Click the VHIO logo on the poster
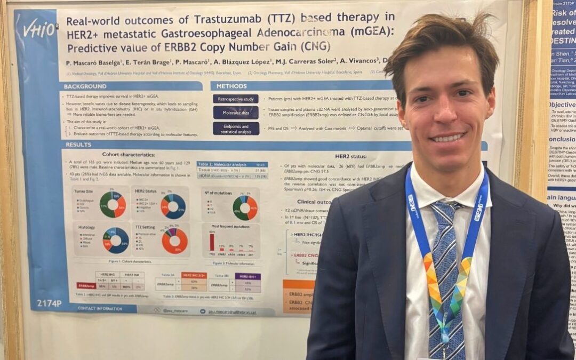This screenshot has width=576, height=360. (x=38, y=28)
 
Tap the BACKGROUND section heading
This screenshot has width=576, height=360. (x=85, y=86)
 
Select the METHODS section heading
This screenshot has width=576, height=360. (x=231, y=86)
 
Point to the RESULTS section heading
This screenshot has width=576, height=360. (x=78, y=145)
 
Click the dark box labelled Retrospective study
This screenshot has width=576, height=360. (x=236, y=99)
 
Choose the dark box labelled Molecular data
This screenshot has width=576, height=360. (x=236, y=113)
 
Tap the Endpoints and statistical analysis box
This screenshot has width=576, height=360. (x=236, y=129)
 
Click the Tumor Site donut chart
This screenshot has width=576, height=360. (x=113, y=205)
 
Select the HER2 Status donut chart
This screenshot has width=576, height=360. (x=173, y=206)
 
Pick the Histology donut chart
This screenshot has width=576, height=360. (x=115, y=240)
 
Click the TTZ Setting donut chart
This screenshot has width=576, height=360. (x=174, y=241)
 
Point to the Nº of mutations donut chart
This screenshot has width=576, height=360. (x=245, y=207)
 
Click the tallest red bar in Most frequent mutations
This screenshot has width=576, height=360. (x=212, y=241)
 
